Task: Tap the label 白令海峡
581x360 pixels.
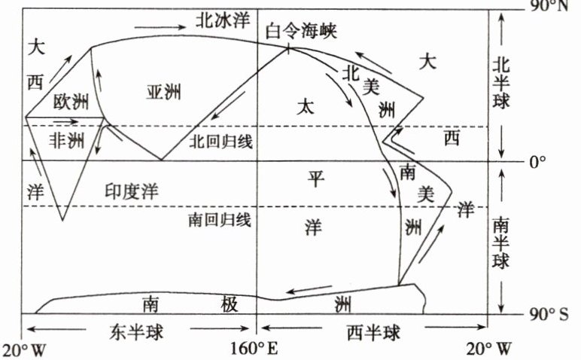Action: [x=302, y=32]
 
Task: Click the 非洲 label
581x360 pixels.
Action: [x=67, y=140]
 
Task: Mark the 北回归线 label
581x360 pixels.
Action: [x=221, y=140]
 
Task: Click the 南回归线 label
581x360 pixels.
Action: [x=220, y=220]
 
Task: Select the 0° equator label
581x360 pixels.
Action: [x=538, y=161]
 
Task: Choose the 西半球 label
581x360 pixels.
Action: [x=374, y=332]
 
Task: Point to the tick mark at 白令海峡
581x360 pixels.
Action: [x=289, y=49]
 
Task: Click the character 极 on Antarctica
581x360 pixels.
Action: [x=230, y=304]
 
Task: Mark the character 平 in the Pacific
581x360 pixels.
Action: [x=316, y=178]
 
